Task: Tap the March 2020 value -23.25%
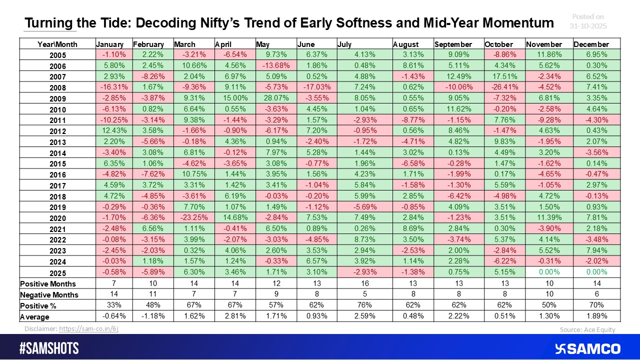coord(193,217)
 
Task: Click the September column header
coord(453,44)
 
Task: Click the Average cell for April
coord(234,316)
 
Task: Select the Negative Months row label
coord(49,295)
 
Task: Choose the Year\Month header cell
coord(57,44)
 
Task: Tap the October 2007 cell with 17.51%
coord(504,76)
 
